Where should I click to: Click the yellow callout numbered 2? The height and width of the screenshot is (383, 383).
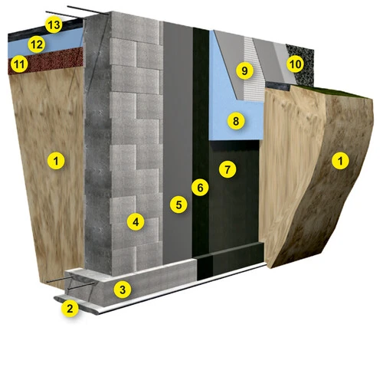[70, 309]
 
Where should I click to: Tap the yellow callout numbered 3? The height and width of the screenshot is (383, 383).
[123, 290]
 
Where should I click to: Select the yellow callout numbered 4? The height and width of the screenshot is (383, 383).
[136, 222]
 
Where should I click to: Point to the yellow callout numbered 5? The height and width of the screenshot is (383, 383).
[178, 205]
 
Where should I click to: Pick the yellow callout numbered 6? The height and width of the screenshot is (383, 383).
[200, 188]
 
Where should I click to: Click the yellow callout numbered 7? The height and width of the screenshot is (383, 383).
[228, 169]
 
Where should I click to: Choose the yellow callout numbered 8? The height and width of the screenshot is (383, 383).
[236, 121]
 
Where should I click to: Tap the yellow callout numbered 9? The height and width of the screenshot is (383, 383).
[244, 70]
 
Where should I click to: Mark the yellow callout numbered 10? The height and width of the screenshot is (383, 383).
[296, 64]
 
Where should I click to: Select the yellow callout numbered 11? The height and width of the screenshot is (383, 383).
[19, 64]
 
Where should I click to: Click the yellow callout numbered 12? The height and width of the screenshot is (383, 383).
[37, 44]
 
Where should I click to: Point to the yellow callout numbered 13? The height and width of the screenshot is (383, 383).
[54, 25]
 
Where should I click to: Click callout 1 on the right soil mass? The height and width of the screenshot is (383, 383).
[340, 161]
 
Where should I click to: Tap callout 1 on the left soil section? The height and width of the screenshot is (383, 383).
[56, 161]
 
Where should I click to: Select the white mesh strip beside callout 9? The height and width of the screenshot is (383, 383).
[253, 71]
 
